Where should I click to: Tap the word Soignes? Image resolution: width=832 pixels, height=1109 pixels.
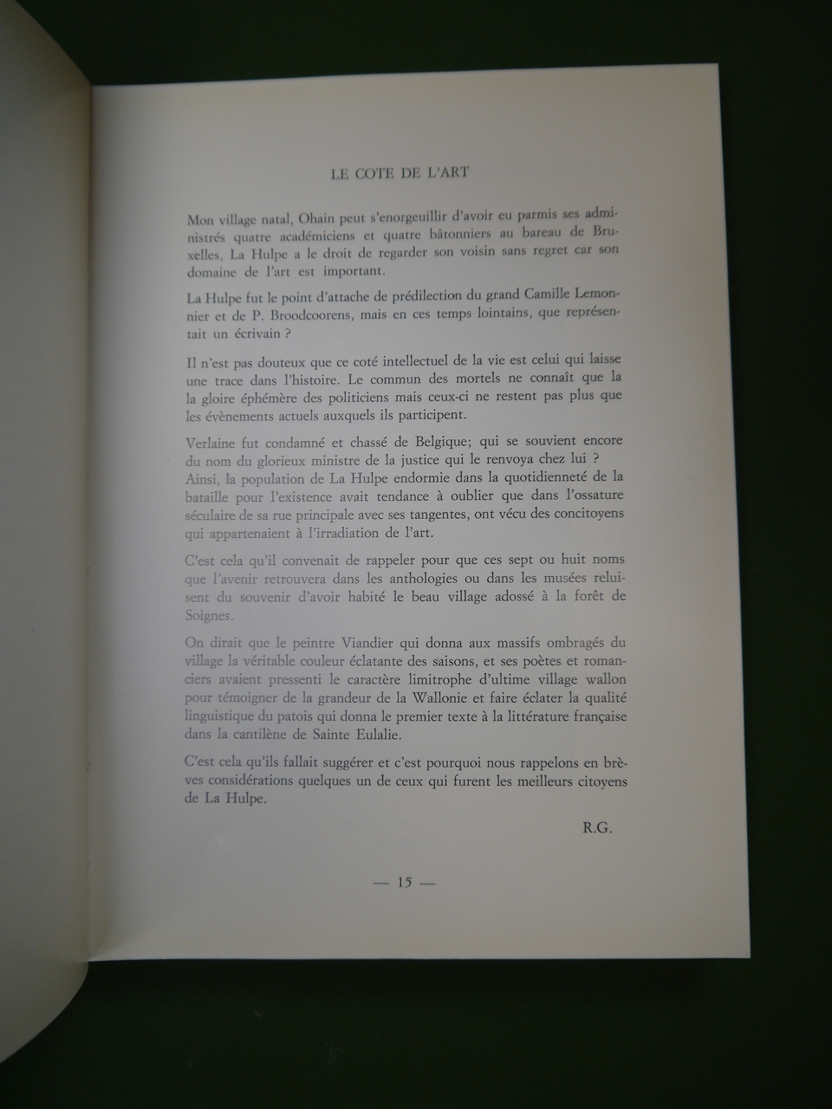(x=209, y=615)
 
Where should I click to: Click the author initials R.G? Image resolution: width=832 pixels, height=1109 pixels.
(x=599, y=827)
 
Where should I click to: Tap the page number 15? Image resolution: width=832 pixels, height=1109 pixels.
(x=403, y=883)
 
